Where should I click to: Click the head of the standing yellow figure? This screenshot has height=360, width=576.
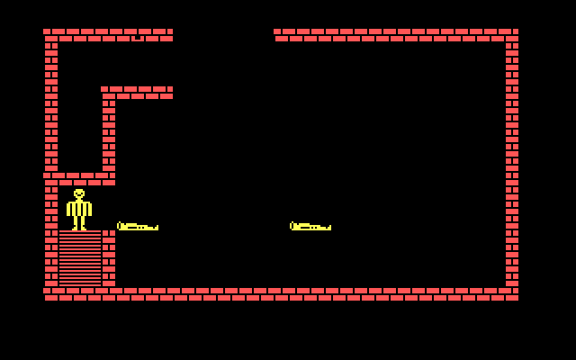(79, 194)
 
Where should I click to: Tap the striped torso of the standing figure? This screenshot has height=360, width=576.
(79, 209)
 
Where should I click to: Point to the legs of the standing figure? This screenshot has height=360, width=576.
(79, 223)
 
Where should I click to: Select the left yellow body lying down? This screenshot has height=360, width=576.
(138, 227)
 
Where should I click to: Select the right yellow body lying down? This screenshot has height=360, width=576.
(310, 227)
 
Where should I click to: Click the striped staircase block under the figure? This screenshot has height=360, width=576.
(80, 258)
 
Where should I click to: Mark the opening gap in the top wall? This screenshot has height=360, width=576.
(223, 35)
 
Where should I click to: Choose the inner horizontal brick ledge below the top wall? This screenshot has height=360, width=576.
(138, 93)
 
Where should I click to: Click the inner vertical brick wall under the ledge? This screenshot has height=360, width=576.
(109, 135)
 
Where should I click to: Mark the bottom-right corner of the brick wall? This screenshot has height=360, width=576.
(512, 294)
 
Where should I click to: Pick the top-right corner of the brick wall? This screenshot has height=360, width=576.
(512, 35)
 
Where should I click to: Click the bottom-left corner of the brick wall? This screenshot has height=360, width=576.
(50, 294)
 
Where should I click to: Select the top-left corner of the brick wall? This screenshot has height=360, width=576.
(50, 35)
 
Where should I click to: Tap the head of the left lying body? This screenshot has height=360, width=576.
(121, 226)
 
